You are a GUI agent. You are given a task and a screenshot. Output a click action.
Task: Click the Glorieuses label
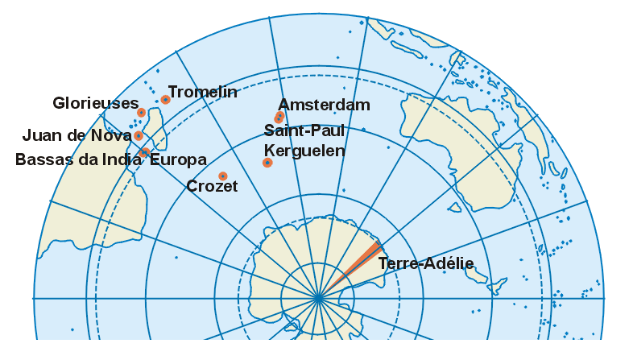coord(95,103)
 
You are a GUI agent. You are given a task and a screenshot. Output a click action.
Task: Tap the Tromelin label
coord(202,92)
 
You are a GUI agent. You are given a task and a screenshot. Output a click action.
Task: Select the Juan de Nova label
coord(77,135)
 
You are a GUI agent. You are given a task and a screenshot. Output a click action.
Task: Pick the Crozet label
coord(212,187)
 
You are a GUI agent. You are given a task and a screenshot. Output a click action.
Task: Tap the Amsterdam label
coord(324,105)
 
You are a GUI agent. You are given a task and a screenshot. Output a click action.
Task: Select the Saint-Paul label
coord(304,130)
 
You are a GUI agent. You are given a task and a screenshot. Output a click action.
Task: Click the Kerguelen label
coord(304,151)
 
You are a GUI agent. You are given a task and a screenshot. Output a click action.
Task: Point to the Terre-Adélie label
coord(425,263)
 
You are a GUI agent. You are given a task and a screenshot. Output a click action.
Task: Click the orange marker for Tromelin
coord(165,100)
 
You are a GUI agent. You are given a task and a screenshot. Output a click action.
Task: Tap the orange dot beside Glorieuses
coord(141,113)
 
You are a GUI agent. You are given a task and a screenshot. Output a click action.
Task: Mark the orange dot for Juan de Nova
coord(139,135)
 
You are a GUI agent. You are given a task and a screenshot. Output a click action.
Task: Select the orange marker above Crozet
coord(222,176)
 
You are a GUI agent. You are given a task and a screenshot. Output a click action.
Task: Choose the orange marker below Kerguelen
coord(267,163)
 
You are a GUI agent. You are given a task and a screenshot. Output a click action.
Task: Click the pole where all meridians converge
coord(318,298)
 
